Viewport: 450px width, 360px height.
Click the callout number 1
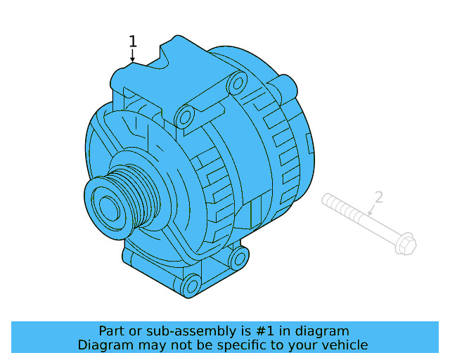[132, 41]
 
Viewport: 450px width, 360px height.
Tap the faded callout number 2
[378, 198]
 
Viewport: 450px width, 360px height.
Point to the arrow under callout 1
[132, 57]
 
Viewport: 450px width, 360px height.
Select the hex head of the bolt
[406, 245]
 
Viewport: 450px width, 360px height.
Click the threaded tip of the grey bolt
[328, 201]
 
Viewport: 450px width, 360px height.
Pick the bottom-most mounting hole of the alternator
[191, 285]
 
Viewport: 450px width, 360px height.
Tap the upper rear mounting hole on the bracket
[236, 84]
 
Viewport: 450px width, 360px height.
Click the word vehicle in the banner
[344, 345]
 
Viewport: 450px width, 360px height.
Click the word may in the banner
[148, 345]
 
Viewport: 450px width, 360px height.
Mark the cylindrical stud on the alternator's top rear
[286, 86]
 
